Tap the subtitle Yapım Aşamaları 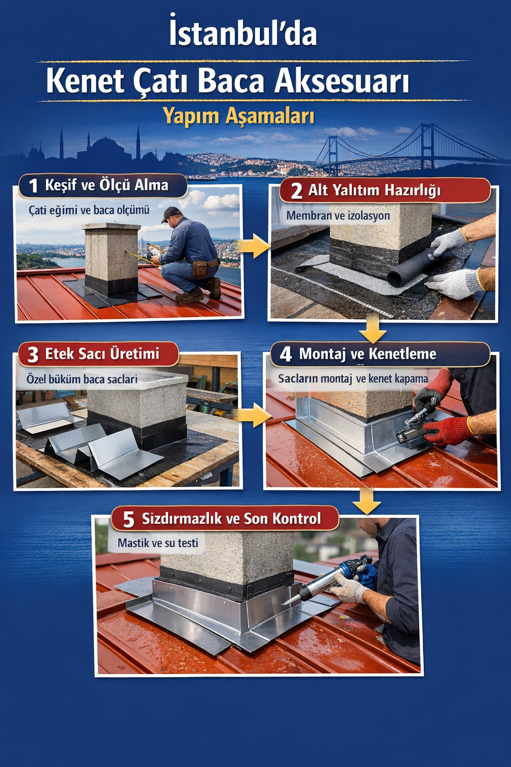(x=239, y=116)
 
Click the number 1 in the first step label (x=33, y=186)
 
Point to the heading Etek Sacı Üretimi (x=102, y=354)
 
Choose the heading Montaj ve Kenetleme (x=368, y=354)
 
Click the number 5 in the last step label (x=129, y=519)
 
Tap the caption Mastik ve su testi (x=158, y=543)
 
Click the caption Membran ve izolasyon (x=338, y=215)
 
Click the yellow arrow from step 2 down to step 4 (x=373, y=328)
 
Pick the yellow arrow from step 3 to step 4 (x=254, y=414)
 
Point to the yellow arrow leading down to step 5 (x=367, y=501)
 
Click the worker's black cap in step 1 (x=171, y=214)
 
